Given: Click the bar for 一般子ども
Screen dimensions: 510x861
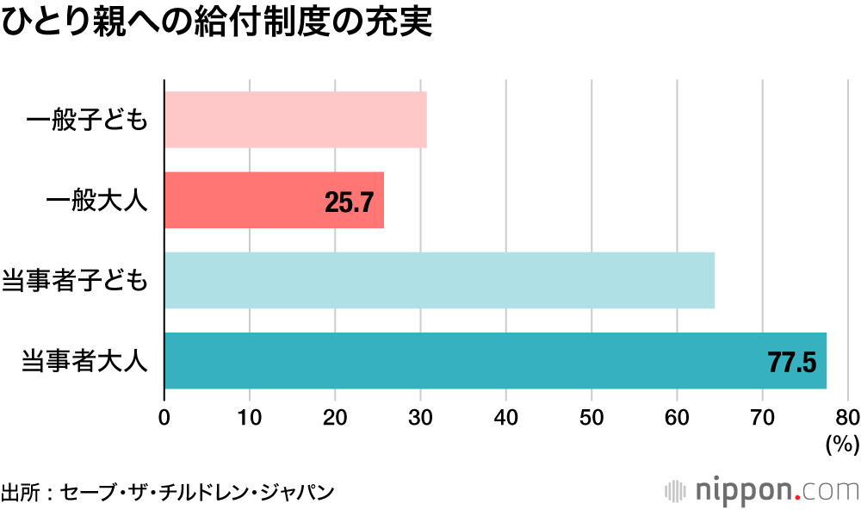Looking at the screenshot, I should [295, 120].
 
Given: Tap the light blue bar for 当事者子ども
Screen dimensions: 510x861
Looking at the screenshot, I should [439, 280].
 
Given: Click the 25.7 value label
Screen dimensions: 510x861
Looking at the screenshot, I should [349, 202].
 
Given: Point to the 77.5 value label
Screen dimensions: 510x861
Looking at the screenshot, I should [791, 362].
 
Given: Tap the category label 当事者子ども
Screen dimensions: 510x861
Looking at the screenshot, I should [76, 281].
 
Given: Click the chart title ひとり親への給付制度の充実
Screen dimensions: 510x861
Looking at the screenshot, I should [215, 22].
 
